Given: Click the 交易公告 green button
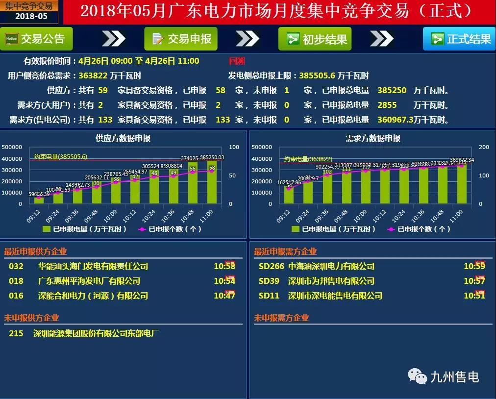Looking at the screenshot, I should point(36,39).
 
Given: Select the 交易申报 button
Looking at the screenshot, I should point(181,39).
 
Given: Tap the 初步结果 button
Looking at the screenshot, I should point(315,39).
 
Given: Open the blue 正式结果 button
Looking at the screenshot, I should point(459,39).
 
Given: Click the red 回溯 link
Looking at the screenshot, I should point(237,61).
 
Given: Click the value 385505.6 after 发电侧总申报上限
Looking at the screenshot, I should point(317,76).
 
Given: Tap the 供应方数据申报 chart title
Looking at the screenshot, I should point(123,139).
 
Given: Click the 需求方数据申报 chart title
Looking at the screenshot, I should point(372,139).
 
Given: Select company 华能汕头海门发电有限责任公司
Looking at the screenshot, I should point(93,266).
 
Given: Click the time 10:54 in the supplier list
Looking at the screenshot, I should point(224,281).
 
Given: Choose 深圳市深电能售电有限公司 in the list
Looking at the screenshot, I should point(335,296).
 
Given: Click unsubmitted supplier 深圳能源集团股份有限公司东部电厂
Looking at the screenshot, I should point(96,334).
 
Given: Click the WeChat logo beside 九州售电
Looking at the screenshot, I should point(418,377).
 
